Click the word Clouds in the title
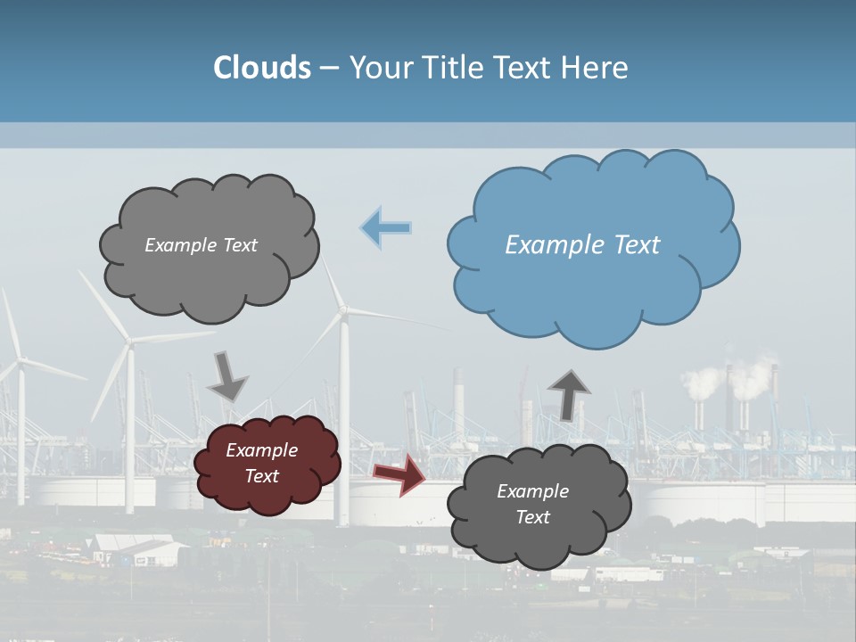pyautogui.click(x=262, y=68)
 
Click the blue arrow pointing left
pyautogui.click(x=386, y=228)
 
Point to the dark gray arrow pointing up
pyautogui.click(x=569, y=393)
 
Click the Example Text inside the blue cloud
pyautogui.click(x=582, y=245)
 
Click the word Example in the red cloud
pyautogui.click(x=261, y=450)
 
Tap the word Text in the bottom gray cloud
pyautogui.click(x=532, y=517)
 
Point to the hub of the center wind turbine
pyautogui.click(x=343, y=310)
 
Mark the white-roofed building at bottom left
pyautogui.click(x=134, y=546)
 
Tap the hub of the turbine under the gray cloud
pyautogui.click(x=130, y=342)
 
